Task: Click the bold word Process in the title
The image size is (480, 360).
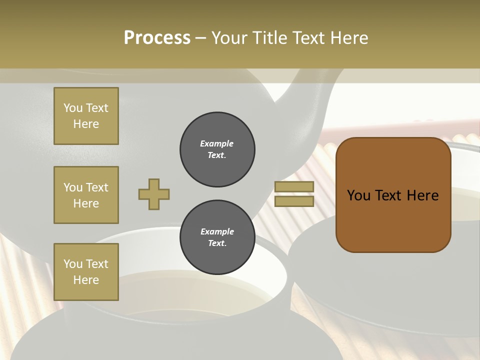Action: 157,38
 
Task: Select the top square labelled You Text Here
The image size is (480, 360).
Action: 86,116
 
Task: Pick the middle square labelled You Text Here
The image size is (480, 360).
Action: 86,195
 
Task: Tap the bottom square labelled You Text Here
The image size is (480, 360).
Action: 86,272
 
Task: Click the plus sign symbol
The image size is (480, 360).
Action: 154,194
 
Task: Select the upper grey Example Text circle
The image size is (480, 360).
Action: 217,149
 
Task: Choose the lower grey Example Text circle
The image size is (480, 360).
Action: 217,237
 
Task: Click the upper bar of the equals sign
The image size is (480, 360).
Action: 294,186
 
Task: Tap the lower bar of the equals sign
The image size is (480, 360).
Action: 294,201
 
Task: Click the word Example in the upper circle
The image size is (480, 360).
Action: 217,143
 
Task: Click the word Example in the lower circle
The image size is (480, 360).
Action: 217,231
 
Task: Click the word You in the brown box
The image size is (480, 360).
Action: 358,195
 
